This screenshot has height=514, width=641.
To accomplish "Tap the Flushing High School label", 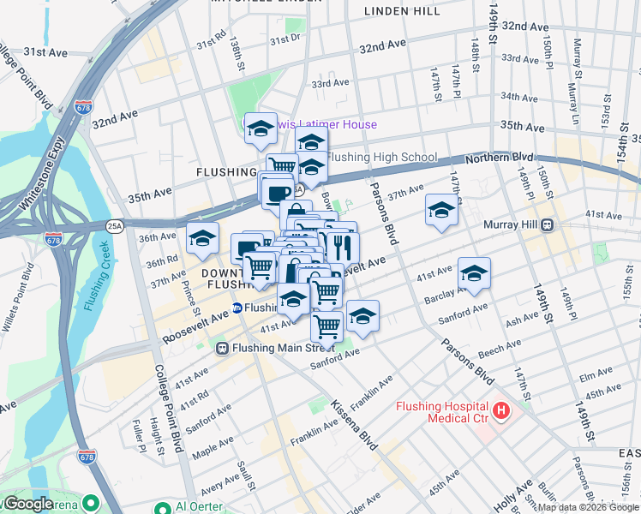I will [382, 158].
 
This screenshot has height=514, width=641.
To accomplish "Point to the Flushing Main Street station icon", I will [222, 348].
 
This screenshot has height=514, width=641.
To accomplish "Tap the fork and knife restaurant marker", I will [342, 248].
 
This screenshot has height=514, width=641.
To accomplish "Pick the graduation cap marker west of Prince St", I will [203, 239].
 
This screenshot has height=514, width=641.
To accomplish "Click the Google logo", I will [27, 504].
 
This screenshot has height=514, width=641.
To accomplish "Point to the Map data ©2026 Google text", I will [587, 507].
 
